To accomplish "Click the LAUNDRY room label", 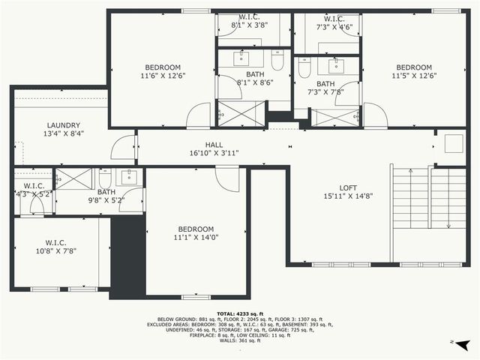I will point(64,125).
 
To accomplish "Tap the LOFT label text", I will point(347,187).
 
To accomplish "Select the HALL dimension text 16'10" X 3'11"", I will point(214,153).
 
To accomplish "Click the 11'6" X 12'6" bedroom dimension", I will point(163,76).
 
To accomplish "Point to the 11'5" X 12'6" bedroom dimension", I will point(414,76).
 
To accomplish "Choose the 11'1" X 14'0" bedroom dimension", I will point(196,238).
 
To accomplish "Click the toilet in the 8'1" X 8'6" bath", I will point(277,63).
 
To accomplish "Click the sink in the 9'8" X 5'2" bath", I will point(129,178).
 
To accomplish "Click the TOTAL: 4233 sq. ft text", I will point(240,313).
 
